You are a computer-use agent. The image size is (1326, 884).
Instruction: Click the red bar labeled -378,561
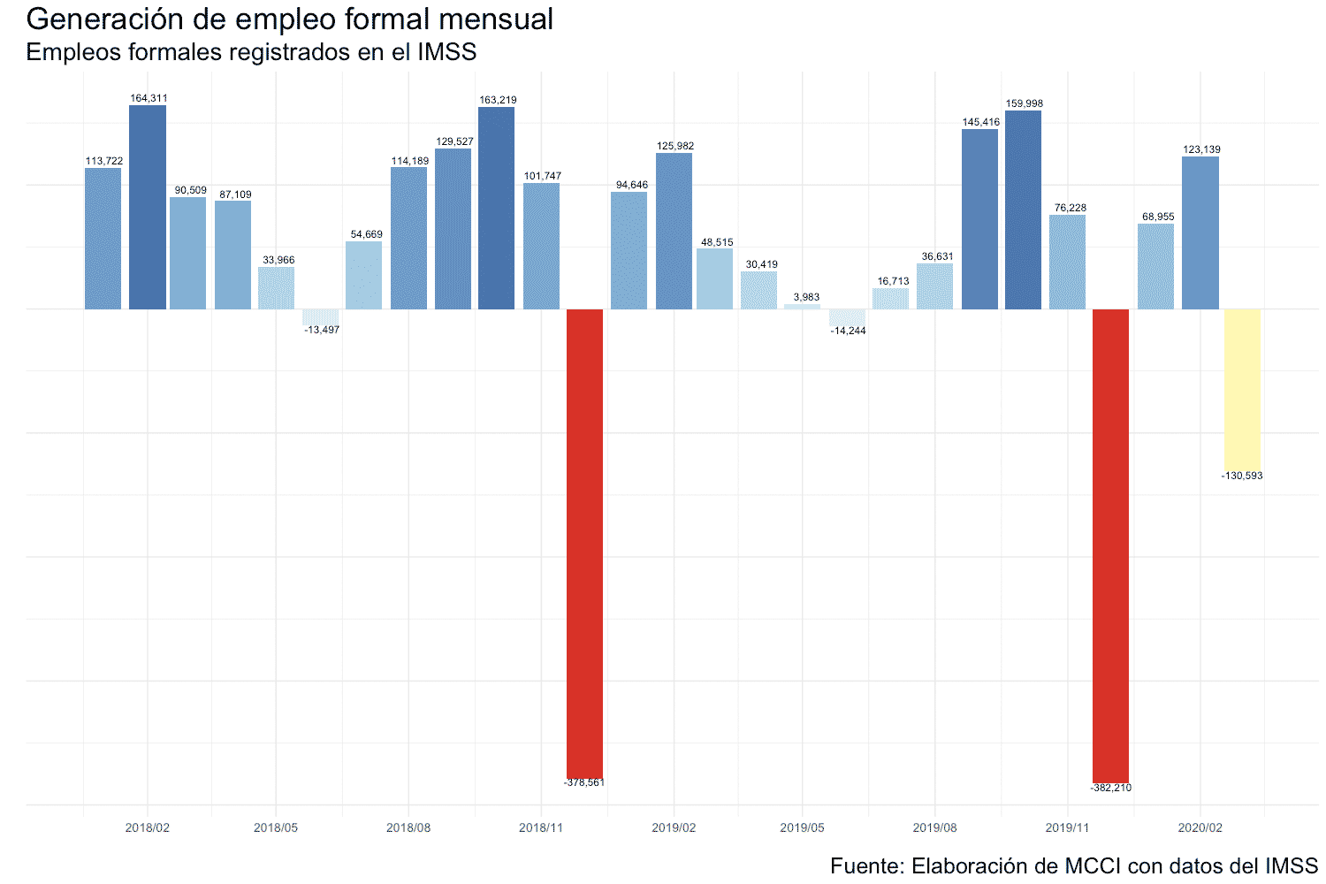point(584,543)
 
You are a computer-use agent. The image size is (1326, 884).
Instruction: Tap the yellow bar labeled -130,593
point(1242,389)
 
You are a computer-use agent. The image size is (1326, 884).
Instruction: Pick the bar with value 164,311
point(148,208)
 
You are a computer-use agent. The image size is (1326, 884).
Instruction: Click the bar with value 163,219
point(497,209)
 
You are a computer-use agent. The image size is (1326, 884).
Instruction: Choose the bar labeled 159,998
point(1023,210)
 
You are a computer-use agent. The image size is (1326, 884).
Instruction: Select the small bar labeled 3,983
point(802,307)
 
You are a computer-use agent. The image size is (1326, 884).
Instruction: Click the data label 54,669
point(367,234)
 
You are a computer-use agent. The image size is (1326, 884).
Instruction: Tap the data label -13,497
point(322,330)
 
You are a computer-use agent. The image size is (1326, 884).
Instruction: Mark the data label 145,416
point(981,122)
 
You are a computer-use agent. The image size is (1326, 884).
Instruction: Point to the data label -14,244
point(848,331)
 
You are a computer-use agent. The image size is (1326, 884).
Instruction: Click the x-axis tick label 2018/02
point(148,828)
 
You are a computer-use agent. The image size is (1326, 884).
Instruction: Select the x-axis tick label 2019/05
point(802,828)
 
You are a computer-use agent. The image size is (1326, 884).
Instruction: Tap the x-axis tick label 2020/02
point(1200,828)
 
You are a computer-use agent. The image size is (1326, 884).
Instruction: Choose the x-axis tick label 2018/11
point(541,828)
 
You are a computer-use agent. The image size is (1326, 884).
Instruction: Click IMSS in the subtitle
point(446,52)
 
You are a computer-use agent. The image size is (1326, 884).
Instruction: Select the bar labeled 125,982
point(674,232)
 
